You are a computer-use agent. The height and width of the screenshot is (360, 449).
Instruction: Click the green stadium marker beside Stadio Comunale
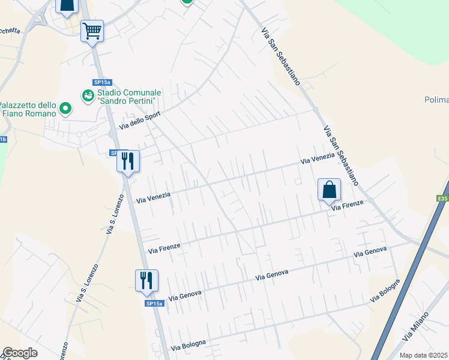point(88,95)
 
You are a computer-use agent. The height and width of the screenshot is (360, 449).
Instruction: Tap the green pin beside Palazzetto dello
point(65,109)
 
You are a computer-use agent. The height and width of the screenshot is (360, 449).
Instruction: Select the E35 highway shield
point(442,197)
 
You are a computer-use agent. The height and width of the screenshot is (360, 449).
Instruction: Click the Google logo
point(20,353)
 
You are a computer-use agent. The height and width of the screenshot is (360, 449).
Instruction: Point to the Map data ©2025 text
point(424,355)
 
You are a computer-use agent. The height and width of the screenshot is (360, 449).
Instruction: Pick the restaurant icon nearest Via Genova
point(146,280)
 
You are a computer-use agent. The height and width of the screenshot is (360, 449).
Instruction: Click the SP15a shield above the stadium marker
point(102,83)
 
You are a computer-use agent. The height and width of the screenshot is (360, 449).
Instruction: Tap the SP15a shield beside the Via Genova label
point(154,304)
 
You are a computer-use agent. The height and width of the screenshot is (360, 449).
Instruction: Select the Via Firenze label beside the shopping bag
point(348,205)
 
